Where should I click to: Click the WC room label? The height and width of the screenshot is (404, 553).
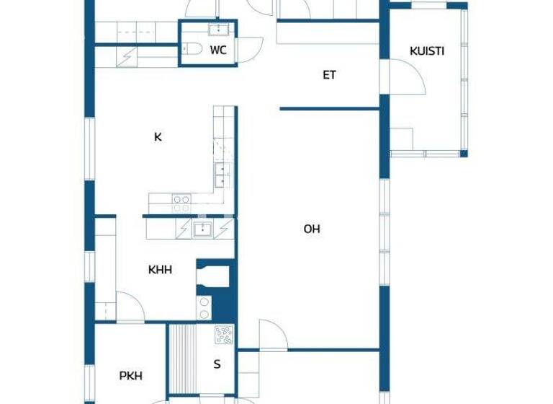coord(218,50)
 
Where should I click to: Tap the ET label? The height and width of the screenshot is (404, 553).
coord(329,74)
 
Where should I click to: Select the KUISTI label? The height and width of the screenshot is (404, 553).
coord(426,51)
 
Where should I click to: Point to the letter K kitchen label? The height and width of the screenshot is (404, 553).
coord(158,136)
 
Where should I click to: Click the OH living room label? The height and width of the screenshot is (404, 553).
coord(312,229)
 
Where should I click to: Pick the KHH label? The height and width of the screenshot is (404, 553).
coord(160,270)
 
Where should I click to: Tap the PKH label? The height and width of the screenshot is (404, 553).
coord(130,376)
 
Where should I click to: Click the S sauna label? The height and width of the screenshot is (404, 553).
coord(217,364)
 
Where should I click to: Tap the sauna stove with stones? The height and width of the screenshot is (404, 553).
coord(224,335)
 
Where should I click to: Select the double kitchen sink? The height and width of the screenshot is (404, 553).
coord(222,172)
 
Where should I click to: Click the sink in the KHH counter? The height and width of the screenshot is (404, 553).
coord(202,229)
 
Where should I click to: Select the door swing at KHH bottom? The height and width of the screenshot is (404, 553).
coord(131,307)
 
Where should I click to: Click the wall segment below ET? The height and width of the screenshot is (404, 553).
coord(330,109)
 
